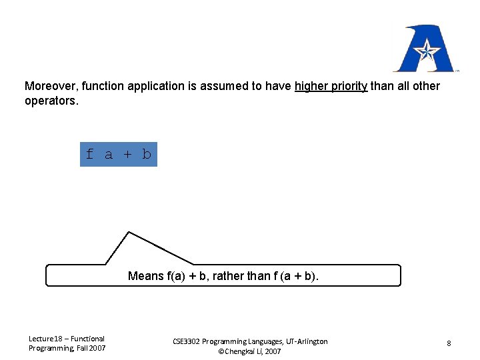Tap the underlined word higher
(311, 86)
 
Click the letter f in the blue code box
(90, 155)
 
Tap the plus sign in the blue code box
(128, 155)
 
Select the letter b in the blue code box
(147, 155)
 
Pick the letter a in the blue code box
(109, 155)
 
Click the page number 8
(449, 343)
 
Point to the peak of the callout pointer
(129, 232)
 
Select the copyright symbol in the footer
(221, 351)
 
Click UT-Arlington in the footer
(304, 341)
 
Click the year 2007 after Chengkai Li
(273, 351)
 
